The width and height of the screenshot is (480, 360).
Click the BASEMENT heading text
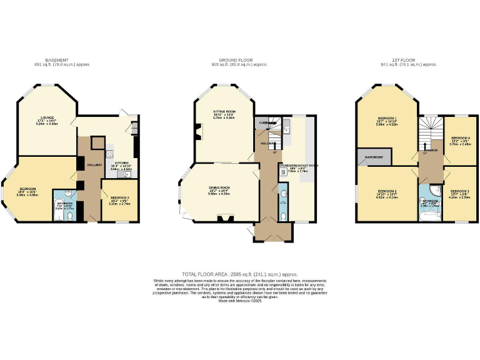pos(57,60)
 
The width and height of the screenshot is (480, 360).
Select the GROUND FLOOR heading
pos(240,60)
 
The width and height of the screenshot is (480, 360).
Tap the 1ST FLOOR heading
pos(404,60)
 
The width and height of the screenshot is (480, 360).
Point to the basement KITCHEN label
pos(121,162)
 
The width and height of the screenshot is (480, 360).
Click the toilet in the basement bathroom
pos(71,215)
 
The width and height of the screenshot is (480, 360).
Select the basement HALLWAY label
pos(86,164)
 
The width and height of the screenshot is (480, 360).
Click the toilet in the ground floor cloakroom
pos(283,216)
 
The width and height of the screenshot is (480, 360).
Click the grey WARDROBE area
pos(373,157)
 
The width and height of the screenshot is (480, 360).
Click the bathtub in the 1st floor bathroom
pos(432,216)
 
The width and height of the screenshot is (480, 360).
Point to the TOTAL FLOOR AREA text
pos(240,274)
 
